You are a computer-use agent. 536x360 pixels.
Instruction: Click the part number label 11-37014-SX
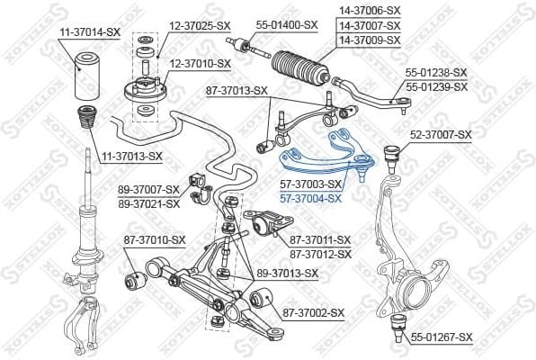tap(89, 31)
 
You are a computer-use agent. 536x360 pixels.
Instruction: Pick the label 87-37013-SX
tap(237, 90)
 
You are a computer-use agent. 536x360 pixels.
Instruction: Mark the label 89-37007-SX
tap(149, 190)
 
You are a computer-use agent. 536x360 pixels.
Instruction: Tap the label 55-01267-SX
tap(441, 337)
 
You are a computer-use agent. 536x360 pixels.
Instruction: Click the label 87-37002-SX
tap(314, 312)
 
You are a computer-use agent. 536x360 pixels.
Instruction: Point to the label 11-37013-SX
tap(131, 156)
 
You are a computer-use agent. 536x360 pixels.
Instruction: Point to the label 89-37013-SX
tap(288, 273)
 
